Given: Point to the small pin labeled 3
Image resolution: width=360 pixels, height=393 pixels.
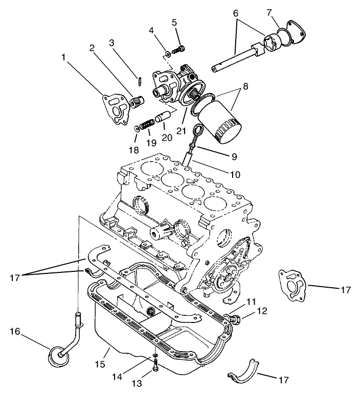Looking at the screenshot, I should click(x=140, y=81).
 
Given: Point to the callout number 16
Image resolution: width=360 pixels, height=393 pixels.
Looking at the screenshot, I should click(x=15, y=332).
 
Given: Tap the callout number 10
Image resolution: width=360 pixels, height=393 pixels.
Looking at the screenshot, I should click(x=234, y=174).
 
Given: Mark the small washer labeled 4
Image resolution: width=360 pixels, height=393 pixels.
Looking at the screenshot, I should click(x=167, y=53).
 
